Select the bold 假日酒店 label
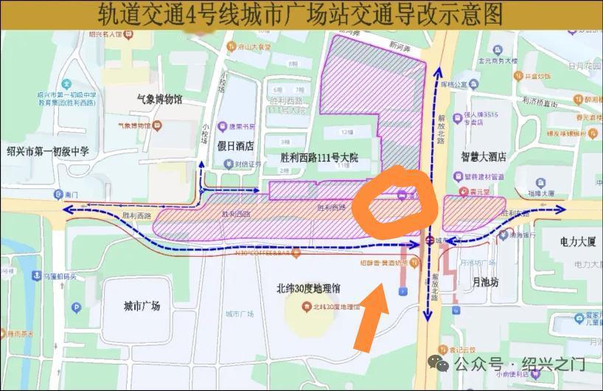235,145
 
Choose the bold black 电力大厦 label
568,241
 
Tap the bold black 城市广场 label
142,305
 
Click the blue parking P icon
76,308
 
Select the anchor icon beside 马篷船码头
35,275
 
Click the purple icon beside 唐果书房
223,126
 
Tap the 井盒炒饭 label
537,75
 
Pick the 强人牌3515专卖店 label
481,118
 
